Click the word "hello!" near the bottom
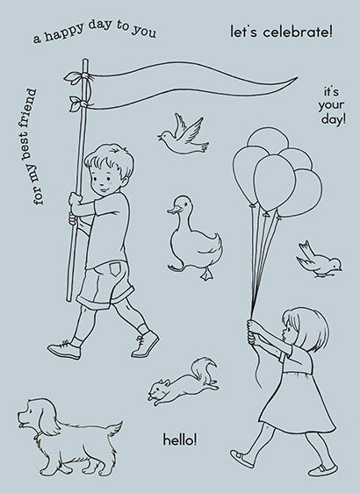click(180, 439)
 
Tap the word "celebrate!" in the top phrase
click(298, 32)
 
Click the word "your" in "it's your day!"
click(331, 105)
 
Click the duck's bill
click(174, 210)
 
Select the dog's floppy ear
click(46, 418)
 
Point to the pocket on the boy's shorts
click(114, 269)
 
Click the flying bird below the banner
click(183, 135)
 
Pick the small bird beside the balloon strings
click(319, 260)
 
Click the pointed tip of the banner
click(297, 78)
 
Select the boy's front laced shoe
click(145, 344)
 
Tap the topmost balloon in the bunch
click(268, 139)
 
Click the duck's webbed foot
click(206, 275)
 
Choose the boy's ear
click(125, 181)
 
